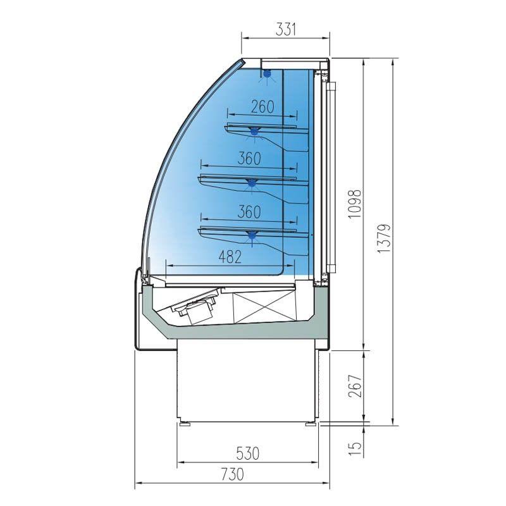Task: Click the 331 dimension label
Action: pos(286,28)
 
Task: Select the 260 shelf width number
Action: pos(262,107)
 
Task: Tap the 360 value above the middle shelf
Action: pos(249,159)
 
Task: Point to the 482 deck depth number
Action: pos(229,256)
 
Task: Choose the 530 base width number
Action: pos(247,453)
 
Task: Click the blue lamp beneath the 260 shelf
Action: pos(256,132)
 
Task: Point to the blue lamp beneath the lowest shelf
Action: pos(252,236)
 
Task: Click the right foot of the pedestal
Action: pos(311,421)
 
